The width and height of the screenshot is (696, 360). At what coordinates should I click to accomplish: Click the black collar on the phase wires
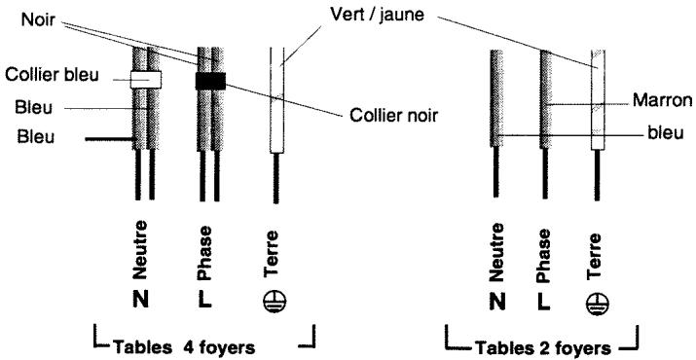210,80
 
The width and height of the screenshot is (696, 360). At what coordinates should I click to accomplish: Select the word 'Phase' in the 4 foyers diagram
207,246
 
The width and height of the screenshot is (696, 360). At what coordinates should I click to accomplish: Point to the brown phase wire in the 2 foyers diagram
547,97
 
